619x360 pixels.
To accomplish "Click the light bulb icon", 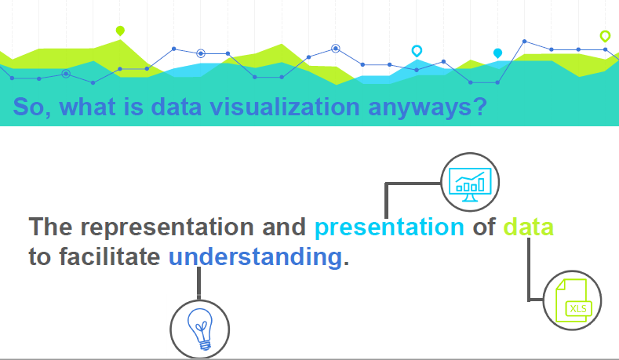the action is (x=200, y=329).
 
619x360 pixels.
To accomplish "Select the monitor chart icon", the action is (x=470, y=184).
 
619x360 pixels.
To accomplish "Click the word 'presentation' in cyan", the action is (x=389, y=227).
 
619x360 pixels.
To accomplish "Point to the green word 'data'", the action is (x=528, y=227).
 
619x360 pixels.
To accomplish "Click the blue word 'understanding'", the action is (x=256, y=257).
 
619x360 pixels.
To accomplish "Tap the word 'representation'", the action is (x=167, y=227).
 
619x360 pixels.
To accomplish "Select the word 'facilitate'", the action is (x=110, y=257).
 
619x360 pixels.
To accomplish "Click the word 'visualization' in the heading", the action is (x=285, y=107).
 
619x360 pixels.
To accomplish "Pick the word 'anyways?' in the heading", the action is (x=428, y=107).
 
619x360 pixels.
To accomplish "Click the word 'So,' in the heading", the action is (x=32, y=107).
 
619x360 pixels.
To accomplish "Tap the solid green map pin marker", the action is (x=120, y=31).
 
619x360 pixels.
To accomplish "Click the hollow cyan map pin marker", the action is (x=417, y=51).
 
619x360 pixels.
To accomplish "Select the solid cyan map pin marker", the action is (x=498, y=53).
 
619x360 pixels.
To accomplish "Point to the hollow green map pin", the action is (x=605, y=36).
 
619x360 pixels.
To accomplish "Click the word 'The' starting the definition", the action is (x=50, y=227).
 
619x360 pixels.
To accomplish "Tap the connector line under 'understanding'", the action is (x=198, y=283).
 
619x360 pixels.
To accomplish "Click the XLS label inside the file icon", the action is (x=578, y=309).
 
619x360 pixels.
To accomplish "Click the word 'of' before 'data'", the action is (x=484, y=227).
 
